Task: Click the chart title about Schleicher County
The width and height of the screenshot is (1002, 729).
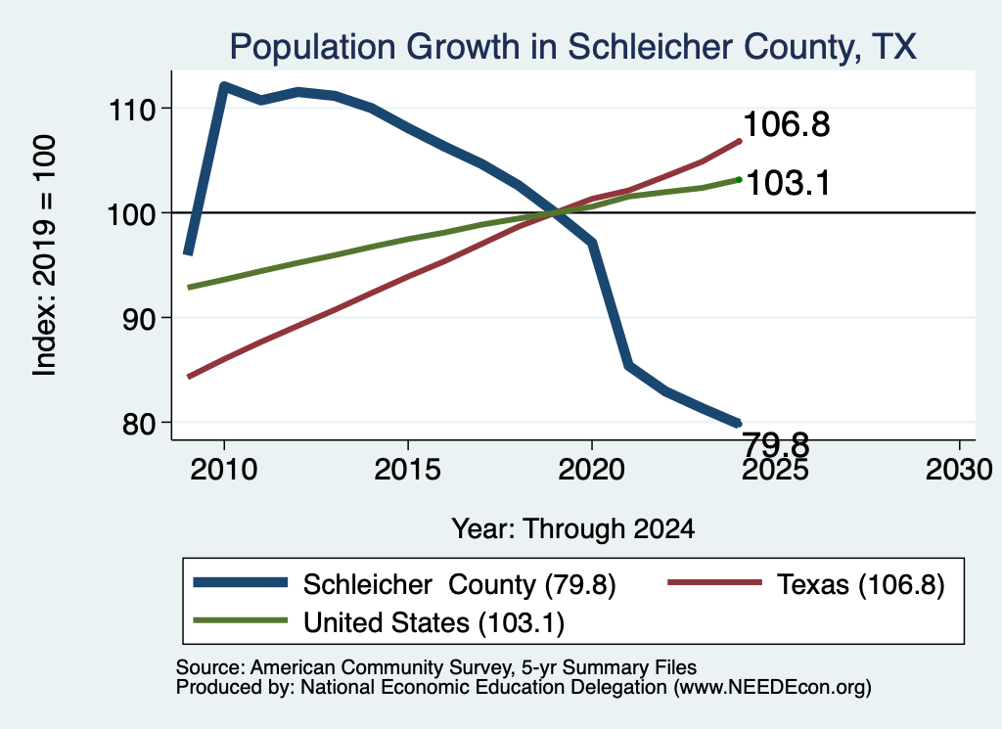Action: pos(572,47)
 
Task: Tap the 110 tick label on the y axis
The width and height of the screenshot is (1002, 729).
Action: pos(132,110)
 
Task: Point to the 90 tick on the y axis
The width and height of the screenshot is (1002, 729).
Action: pos(139,318)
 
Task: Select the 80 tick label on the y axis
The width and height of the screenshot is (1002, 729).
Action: pos(139,423)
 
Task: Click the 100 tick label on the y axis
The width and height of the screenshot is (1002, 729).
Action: pos(132,214)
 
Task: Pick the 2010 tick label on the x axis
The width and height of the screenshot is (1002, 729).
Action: pos(224,470)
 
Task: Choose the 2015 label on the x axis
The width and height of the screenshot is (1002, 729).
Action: pos(408,470)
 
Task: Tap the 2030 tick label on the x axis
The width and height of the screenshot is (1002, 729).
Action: pos(959,470)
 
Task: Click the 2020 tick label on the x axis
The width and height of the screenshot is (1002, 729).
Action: pos(592,470)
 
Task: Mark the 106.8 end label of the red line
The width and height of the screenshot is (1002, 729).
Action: pos(787,124)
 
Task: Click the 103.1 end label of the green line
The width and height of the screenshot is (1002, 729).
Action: pos(788,183)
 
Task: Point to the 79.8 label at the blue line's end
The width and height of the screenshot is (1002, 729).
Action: pos(776,443)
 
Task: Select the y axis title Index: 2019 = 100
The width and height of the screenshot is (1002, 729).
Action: pos(45,255)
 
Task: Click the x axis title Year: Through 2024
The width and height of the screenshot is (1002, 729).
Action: pos(573,529)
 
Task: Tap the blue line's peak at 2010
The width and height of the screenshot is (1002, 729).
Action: pos(224,85)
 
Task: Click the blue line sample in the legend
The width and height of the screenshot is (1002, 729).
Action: pos(241,582)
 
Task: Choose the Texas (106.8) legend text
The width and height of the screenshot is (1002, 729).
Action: pos(861,584)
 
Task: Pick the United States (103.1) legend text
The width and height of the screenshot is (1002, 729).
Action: pos(433,622)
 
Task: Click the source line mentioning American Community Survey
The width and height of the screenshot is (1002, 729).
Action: pos(436,667)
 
